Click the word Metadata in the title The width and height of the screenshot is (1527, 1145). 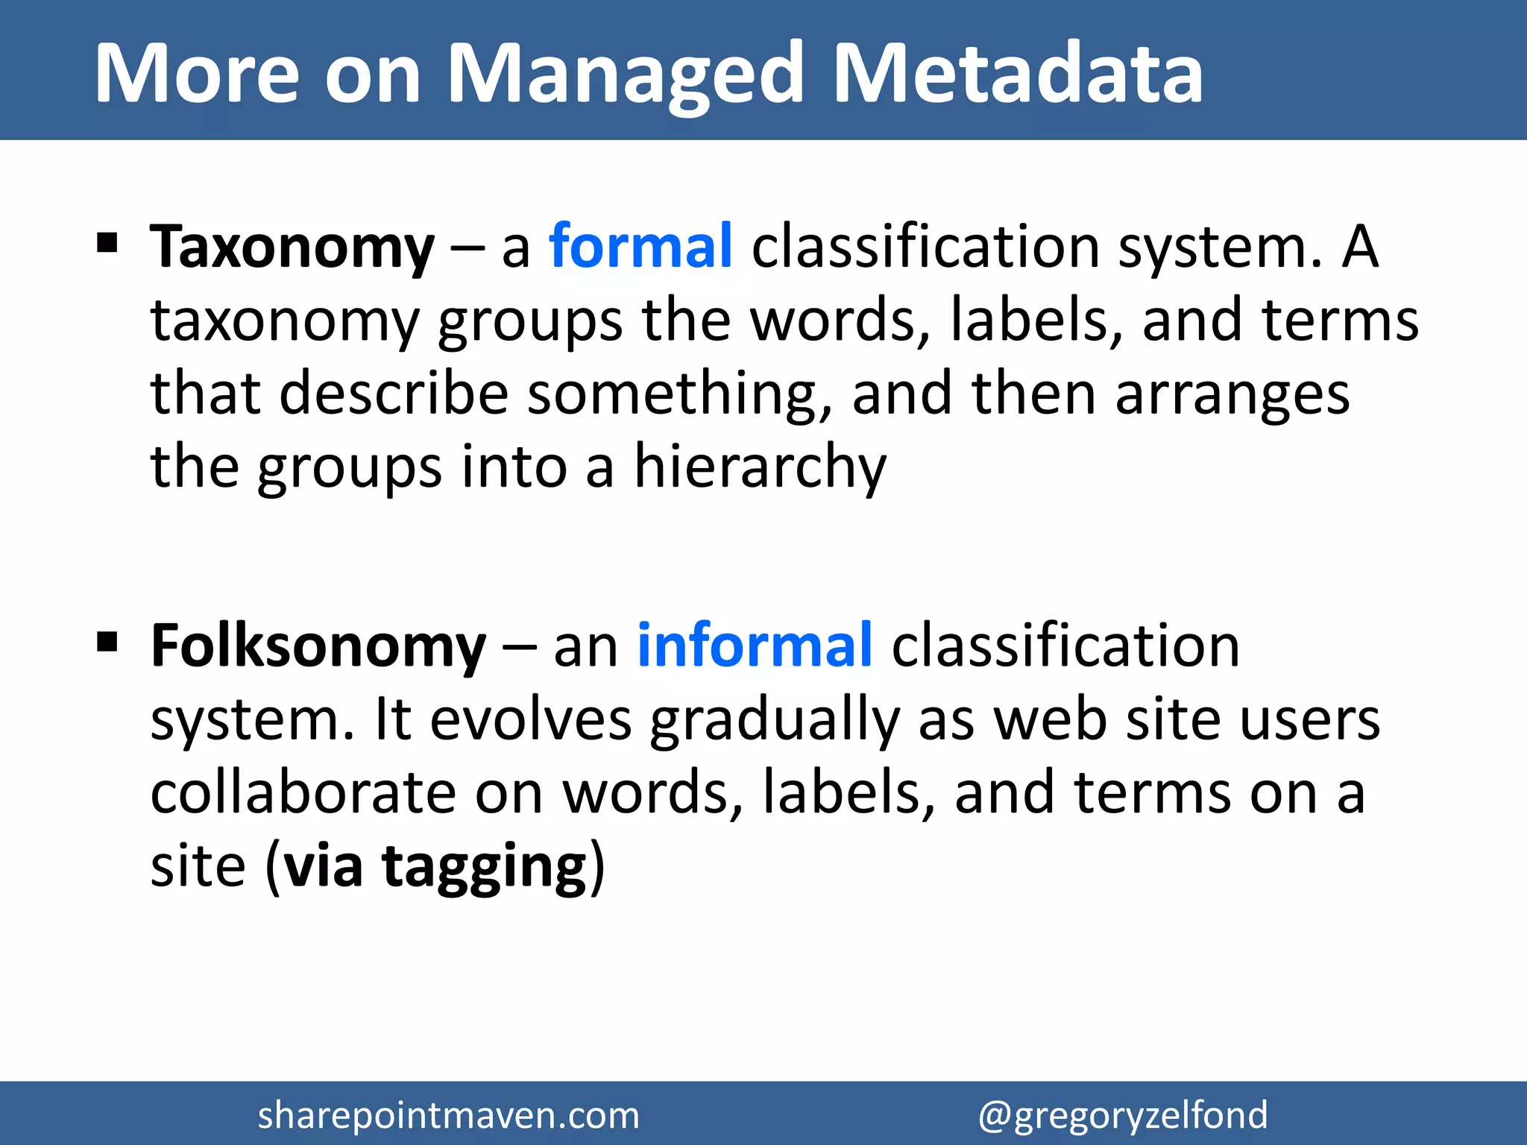click(1017, 73)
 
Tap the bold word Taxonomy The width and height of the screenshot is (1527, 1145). click(292, 248)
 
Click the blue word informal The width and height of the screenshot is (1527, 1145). click(755, 646)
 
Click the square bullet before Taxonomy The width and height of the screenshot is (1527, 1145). click(107, 243)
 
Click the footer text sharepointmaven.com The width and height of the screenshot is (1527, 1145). click(448, 1116)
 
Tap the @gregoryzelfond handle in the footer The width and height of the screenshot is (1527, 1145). click(1122, 1116)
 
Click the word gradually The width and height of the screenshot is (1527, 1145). click(775, 722)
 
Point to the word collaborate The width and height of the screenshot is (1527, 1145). click(303, 793)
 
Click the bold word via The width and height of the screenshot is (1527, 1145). click(324, 868)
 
